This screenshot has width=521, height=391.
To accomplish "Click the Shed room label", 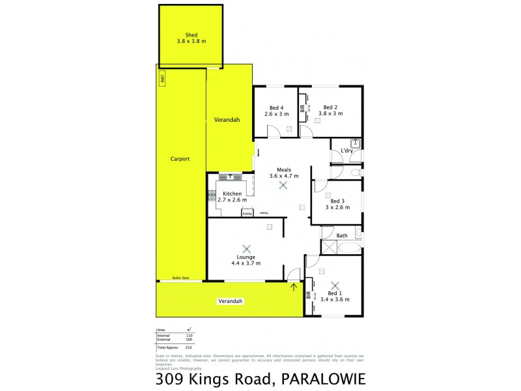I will pyautogui.click(x=191, y=35).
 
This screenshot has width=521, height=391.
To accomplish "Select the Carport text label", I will pyautogui.click(x=180, y=158).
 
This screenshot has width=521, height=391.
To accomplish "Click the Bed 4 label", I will pyautogui.click(x=276, y=108).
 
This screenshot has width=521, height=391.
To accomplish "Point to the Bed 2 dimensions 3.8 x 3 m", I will pyautogui.click(x=330, y=114).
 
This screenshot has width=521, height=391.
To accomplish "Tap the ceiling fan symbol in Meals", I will pyautogui.click(x=283, y=185).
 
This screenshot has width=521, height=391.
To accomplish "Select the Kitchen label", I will pyautogui.click(x=232, y=194).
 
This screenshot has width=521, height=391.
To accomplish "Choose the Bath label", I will pyautogui.click(x=342, y=235).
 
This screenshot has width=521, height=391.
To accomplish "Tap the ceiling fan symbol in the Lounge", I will pyautogui.click(x=246, y=248).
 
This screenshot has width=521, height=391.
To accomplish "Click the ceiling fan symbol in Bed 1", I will pyautogui.click(x=335, y=285).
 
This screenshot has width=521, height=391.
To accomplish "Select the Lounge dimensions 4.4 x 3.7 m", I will pyautogui.click(x=246, y=263).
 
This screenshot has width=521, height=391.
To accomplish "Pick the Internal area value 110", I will pyautogui.click(x=189, y=335).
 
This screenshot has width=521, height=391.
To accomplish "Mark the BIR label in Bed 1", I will pyautogui.click(x=309, y=295).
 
